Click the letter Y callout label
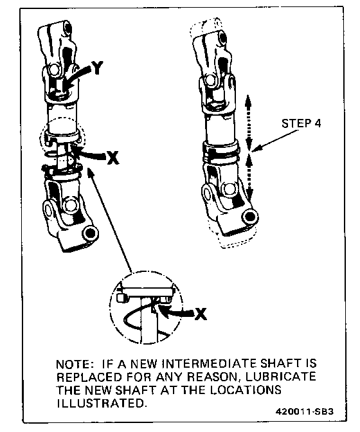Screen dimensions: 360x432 (x=96, y=67)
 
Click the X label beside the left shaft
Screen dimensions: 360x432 (x=113, y=157)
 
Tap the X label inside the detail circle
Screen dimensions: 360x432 (x=201, y=314)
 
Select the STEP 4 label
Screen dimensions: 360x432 (x=301, y=123)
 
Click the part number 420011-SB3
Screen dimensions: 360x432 (x=304, y=411)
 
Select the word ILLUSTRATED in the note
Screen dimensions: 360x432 (x=100, y=403)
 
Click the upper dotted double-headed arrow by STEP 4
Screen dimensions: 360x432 (x=248, y=122)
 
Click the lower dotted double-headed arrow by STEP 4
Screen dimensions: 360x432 (x=249, y=177)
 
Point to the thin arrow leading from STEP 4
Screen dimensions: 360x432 (x=274, y=141)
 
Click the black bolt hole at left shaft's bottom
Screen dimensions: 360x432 (x=89, y=233)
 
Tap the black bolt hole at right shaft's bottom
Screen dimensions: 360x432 (x=249, y=217)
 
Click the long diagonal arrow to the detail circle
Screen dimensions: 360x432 (x=110, y=220)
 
